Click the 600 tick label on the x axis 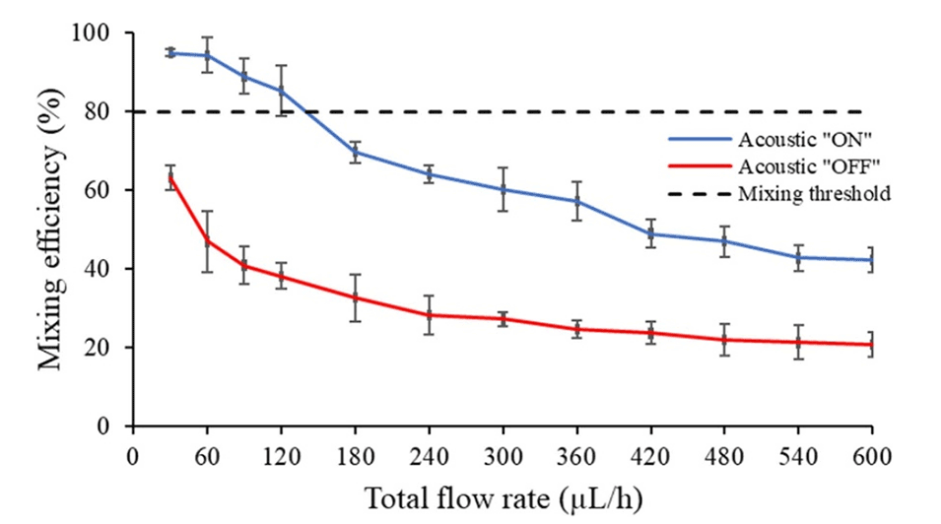(872, 457)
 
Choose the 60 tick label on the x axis (207, 457)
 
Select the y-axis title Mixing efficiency (51, 229)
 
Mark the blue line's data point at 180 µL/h (355, 152)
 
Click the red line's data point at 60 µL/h (207, 241)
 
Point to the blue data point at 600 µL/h (872, 260)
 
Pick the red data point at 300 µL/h (503, 318)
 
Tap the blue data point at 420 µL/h (650, 233)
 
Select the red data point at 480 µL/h (724, 340)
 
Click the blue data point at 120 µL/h (281, 91)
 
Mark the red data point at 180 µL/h (355, 297)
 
